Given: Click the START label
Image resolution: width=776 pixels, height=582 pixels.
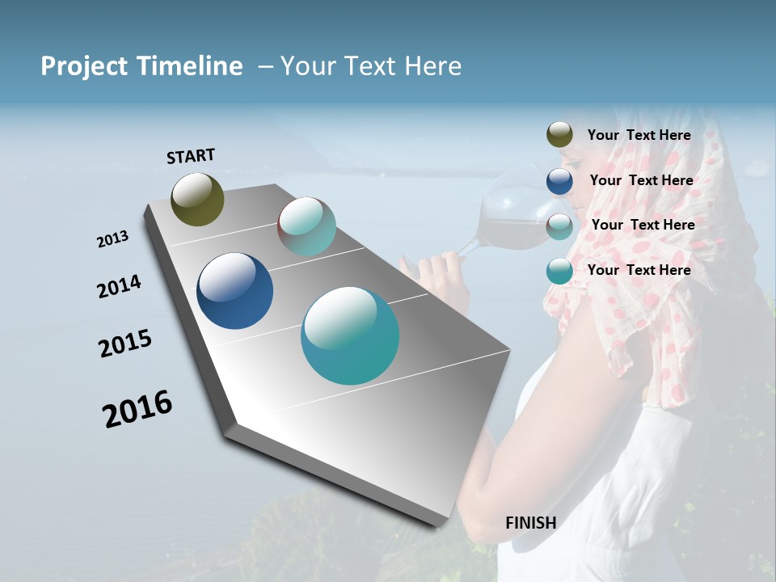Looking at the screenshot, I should click(191, 156).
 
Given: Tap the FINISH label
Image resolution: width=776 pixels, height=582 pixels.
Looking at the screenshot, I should click(530, 523).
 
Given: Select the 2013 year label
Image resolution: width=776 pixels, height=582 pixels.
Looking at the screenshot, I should click(112, 239).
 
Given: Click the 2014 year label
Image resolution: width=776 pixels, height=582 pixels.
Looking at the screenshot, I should click(119, 286).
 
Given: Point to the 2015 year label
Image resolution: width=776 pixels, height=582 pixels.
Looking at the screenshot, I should click(125, 344).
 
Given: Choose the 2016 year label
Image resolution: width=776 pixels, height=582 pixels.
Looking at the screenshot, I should click(137, 409).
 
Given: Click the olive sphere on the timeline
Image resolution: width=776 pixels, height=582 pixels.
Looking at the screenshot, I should click(197, 199).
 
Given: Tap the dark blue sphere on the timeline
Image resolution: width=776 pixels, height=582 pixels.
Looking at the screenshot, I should click(234, 291).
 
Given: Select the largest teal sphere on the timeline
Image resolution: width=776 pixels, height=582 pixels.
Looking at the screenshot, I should click(349, 335).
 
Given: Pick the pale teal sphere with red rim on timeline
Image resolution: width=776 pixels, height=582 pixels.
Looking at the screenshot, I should click(306, 226).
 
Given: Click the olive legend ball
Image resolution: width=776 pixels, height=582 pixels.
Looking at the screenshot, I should click(559, 135).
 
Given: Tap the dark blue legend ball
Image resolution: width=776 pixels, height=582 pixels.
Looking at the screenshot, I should click(559, 180).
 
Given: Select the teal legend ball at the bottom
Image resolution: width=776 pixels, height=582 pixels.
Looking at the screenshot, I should click(559, 271).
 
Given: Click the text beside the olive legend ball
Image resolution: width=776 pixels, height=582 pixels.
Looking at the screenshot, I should click(639, 135).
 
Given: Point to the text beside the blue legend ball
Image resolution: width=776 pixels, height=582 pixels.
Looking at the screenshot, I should click(641, 180).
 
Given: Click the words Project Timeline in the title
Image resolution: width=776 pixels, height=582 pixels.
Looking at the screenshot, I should click(141, 66).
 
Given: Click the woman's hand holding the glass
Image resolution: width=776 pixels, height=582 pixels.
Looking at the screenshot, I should click(436, 271).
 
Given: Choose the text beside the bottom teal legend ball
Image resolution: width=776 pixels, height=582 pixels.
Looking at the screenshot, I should click(639, 270).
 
